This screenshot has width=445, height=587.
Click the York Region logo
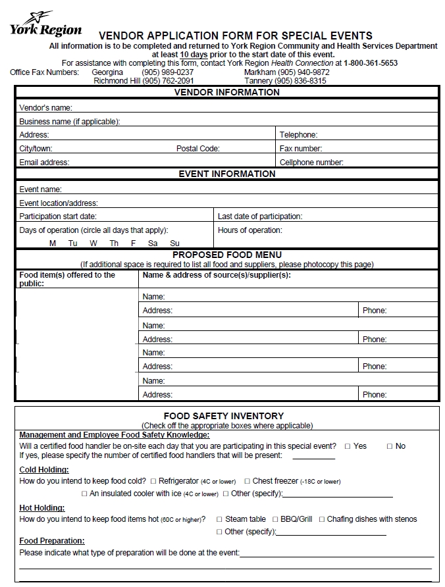pyautogui.click(x=45, y=24)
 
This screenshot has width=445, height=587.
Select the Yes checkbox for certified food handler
pyautogui.click(x=348, y=446)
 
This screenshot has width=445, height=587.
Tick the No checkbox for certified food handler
pyautogui.click(x=389, y=446)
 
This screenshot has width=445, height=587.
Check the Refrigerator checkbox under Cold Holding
pyautogui.click(x=153, y=482)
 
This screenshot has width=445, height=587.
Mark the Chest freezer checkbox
pyautogui.click(x=247, y=482)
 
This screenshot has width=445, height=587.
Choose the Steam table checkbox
pyautogui.click(x=219, y=519)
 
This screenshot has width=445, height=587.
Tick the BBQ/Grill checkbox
pyautogui.click(x=275, y=519)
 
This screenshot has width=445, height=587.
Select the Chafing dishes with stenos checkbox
pyautogui.click(x=322, y=519)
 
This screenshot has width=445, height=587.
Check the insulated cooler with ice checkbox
pyautogui.click(x=84, y=494)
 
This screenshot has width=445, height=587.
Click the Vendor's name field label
pyautogui.click(x=45, y=107)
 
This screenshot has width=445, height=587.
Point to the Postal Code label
pyautogui.click(x=197, y=149)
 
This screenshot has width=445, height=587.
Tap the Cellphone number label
pyautogui.click(x=311, y=163)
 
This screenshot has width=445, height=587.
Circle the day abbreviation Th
pyautogui.click(x=114, y=243)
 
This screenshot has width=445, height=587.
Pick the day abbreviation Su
pyautogui.click(x=174, y=243)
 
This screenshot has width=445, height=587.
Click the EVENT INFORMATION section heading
pyautogui.click(x=227, y=174)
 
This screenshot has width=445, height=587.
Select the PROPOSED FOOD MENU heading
pyautogui.click(x=227, y=255)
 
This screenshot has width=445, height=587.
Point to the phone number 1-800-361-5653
pyautogui.click(x=371, y=63)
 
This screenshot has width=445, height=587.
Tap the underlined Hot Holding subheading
pyautogui.click(x=42, y=508)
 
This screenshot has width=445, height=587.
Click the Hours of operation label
pyautogui.click(x=249, y=230)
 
